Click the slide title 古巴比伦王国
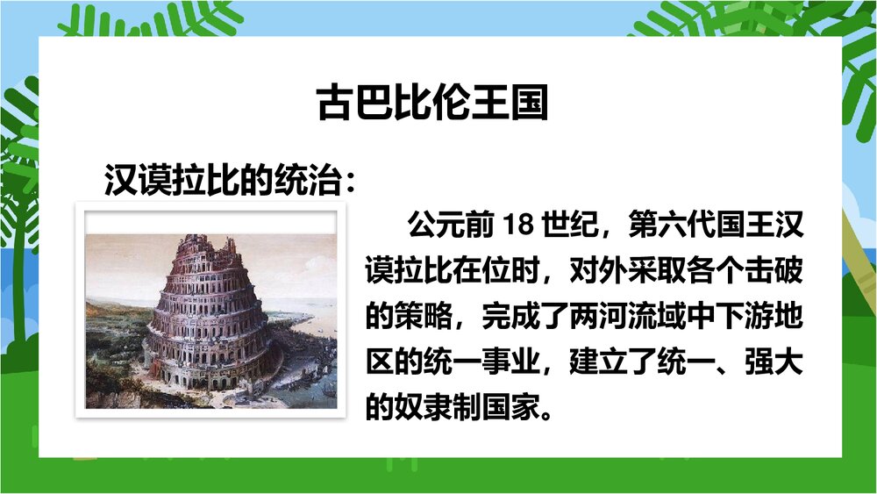click(431, 103)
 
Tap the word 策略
click(424, 317)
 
